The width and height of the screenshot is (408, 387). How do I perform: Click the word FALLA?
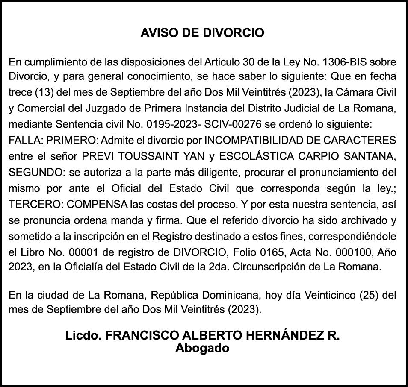point(25,140)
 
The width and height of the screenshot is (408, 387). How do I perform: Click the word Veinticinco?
point(330,294)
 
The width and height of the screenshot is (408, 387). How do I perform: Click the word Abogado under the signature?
point(202,348)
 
